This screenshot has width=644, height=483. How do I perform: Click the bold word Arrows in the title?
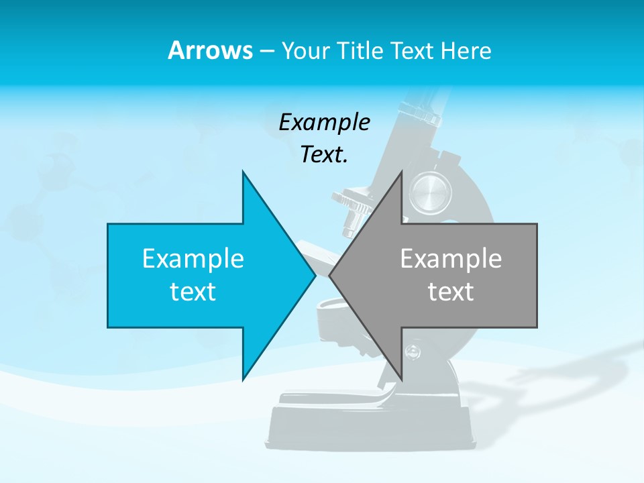tap(210, 50)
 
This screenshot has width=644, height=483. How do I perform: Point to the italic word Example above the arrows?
tap(324, 122)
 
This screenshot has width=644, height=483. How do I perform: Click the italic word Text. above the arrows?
tap(324, 154)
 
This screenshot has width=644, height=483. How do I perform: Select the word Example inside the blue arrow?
tap(193, 258)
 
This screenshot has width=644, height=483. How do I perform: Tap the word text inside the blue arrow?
tap(193, 291)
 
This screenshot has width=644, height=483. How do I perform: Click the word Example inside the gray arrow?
tap(451, 258)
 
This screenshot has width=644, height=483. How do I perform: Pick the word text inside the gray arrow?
tap(451, 291)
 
